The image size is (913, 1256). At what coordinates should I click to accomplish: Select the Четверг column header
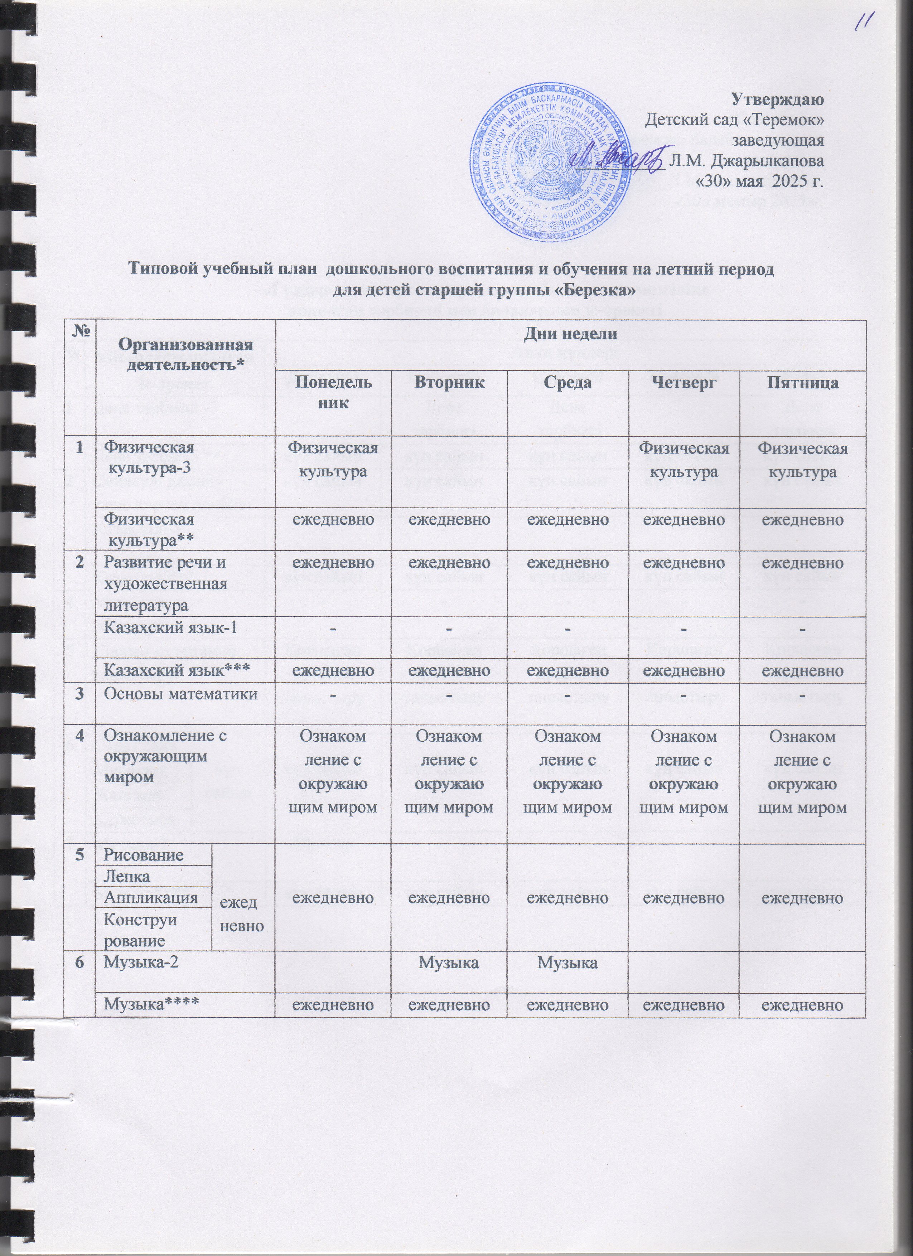683,383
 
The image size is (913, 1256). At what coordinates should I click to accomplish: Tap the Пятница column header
803,383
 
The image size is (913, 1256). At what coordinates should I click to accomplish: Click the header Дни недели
570,334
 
